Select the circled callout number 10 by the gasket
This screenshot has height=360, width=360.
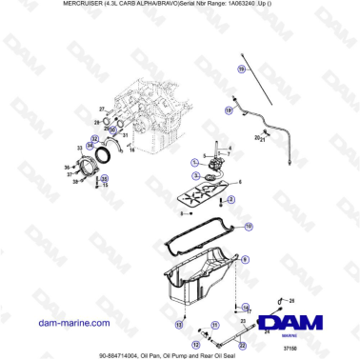click(249, 226)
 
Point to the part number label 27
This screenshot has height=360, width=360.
click(101, 110)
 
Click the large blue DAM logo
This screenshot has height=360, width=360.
click(294, 323)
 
